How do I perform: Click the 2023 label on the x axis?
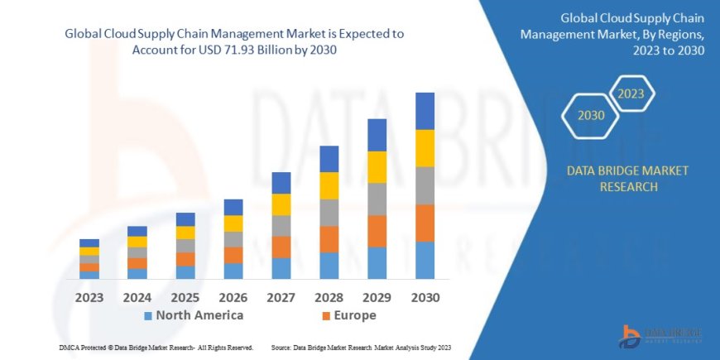pos(89,297)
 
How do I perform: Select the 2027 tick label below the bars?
pos(281,297)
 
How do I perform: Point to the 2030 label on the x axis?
pos(425,297)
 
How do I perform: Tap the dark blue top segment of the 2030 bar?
pos(425,111)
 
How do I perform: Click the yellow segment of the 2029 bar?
pos(377,167)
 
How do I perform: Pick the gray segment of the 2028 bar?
pos(329,213)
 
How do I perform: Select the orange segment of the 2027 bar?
pos(281,247)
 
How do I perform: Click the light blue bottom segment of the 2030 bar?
pos(425,260)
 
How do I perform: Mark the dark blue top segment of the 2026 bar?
pos(233,207)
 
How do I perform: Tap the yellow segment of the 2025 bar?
pos(185,233)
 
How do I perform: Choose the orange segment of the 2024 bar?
pos(137,263)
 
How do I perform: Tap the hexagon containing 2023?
pos(631,94)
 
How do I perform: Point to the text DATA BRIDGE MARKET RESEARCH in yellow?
pos(626,179)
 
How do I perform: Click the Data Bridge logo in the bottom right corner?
pos(661,333)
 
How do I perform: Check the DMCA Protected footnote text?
pos(156,348)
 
